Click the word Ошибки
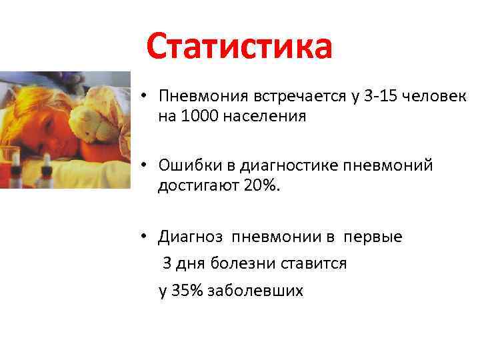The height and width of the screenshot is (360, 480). tap(188, 165)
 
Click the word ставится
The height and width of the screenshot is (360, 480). tap(313, 264)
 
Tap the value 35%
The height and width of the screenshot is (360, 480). tap(188, 291)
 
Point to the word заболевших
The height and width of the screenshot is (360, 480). tap(255, 291)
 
